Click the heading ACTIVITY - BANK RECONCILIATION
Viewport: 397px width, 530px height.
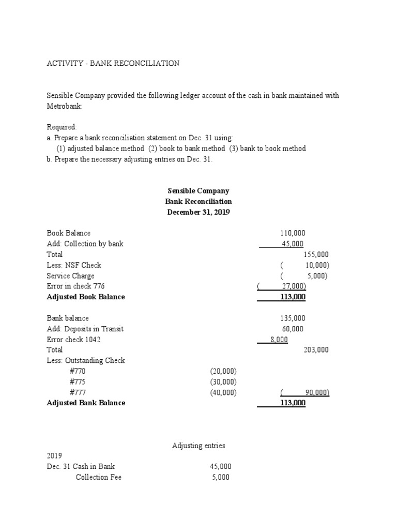tap(113, 63)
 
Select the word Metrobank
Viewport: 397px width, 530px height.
tap(64, 106)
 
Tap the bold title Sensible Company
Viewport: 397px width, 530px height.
tap(198, 190)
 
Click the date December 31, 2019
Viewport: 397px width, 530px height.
tap(198, 212)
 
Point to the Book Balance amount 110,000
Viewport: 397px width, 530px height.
tap(293, 233)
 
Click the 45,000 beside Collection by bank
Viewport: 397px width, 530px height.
tap(293, 244)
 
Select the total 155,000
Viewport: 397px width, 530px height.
tap(316, 255)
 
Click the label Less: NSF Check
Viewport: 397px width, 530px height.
tap(74, 265)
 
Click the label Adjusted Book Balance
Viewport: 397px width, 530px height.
tap(86, 297)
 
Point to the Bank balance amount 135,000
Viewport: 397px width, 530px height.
tap(293, 318)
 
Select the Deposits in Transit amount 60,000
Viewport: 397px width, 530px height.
tap(293, 329)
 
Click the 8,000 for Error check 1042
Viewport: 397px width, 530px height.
tap(279, 340)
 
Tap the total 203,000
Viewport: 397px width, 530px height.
tap(316, 350)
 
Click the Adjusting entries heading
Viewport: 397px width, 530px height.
tap(198, 445)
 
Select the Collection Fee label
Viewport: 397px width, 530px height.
tap(99, 477)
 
